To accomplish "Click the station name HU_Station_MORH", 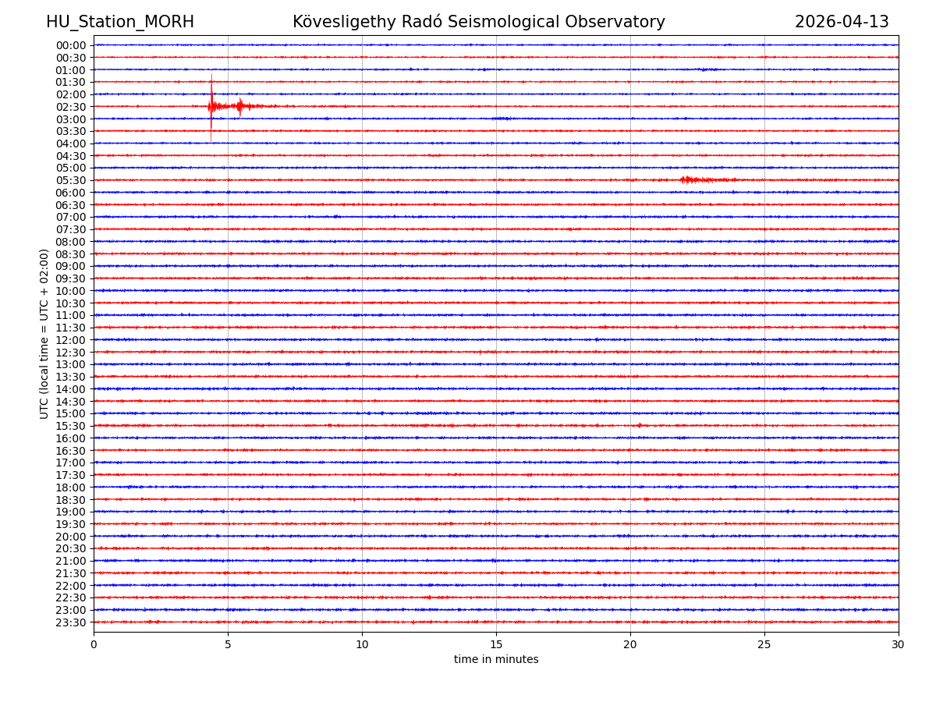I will click(119, 22).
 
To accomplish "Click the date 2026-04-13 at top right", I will click(842, 22).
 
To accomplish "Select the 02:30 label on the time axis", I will click(71, 107).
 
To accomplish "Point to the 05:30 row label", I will click(71, 180).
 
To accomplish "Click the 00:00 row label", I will click(71, 45).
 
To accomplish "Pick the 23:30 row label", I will click(71, 622).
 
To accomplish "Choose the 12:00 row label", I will click(71, 340).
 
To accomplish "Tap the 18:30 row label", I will click(71, 500).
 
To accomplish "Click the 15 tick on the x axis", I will click(496, 644).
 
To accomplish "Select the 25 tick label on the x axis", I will click(764, 644).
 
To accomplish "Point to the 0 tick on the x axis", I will click(94, 644).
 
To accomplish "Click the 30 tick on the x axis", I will click(899, 644).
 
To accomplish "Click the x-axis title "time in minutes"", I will click(496, 659).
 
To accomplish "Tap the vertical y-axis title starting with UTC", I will click(44, 334).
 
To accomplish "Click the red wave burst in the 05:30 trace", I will click(698, 180).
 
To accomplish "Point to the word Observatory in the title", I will click(616, 22).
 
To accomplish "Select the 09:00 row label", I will click(71, 266).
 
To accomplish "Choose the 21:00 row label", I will click(71, 561).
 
